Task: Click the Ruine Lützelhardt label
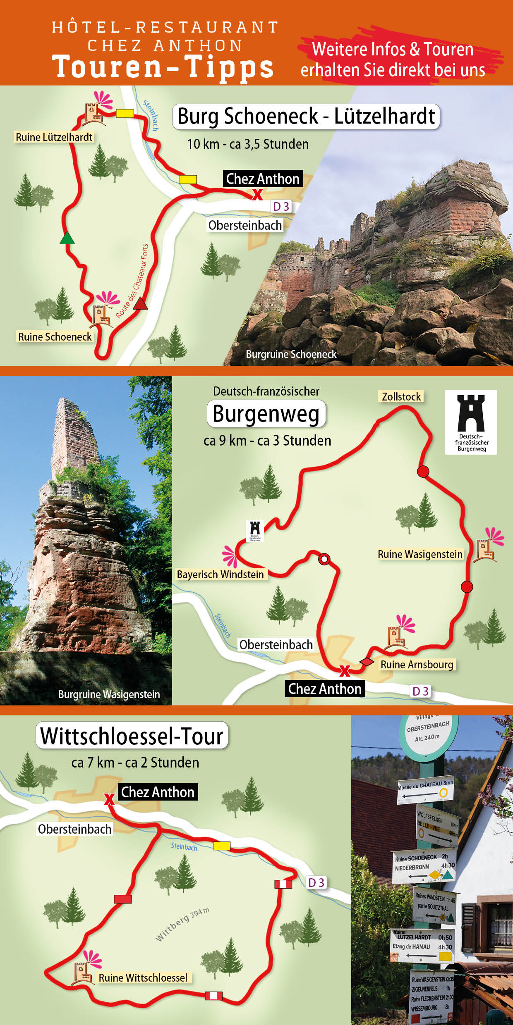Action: click(x=54, y=137)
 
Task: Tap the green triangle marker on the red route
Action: click(x=67, y=238)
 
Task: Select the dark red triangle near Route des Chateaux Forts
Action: click(x=140, y=304)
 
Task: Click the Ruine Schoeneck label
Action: click(x=55, y=337)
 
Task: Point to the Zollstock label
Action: click(x=401, y=397)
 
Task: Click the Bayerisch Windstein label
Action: click(x=220, y=574)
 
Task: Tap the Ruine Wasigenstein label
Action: click(x=420, y=554)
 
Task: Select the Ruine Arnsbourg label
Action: click(x=417, y=665)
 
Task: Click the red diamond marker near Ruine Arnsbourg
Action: click(x=367, y=662)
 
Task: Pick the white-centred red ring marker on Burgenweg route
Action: click(x=324, y=559)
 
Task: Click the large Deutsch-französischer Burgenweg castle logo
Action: click(x=471, y=422)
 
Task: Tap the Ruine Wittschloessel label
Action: click(x=143, y=977)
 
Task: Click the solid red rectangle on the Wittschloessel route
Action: click(x=122, y=899)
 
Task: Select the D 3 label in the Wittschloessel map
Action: click(x=316, y=882)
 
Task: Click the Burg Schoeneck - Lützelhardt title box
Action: click(x=306, y=117)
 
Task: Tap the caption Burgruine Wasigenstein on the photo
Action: click(x=109, y=694)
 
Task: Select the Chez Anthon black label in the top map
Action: click(x=263, y=179)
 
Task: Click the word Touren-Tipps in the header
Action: click(x=163, y=67)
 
